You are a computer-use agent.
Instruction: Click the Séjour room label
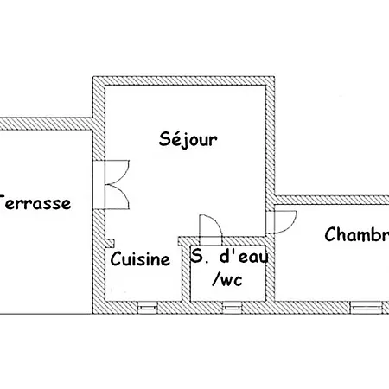[x=188, y=138]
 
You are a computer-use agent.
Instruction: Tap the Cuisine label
[x=140, y=259]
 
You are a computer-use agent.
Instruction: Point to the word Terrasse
[x=35, y=204]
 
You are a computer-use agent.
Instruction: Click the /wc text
[x=228, y=279]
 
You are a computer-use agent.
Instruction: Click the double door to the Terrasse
[x=113, y=183]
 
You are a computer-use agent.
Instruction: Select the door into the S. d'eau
[x=210, y=226]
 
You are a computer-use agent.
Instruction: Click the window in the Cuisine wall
[x=147, y=306]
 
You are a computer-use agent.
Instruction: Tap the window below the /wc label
[x=231, y=306]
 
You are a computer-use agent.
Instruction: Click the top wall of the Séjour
[x=184, y=81]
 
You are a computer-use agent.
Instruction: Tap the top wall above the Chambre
[x=333, y=200]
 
